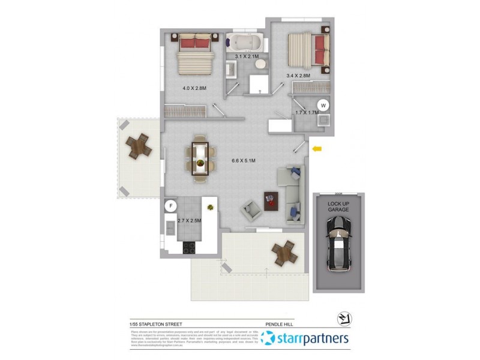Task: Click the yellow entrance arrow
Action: coord(317,149)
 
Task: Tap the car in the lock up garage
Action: coord(340,244)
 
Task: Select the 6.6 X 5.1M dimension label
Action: coord(244,161)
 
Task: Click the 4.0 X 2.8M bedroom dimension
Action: coord(194,88)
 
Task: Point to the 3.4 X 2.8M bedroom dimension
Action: coord(298,76)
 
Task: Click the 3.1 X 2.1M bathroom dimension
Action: coord(247,56)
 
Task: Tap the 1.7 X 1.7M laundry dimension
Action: coord(306,112)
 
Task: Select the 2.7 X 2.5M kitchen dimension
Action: coord(189,220)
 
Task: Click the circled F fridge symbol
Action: coord(170,206)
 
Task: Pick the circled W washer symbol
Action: coord(323,105)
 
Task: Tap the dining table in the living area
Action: coord(200,159)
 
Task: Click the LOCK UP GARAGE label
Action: coord(338,207)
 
